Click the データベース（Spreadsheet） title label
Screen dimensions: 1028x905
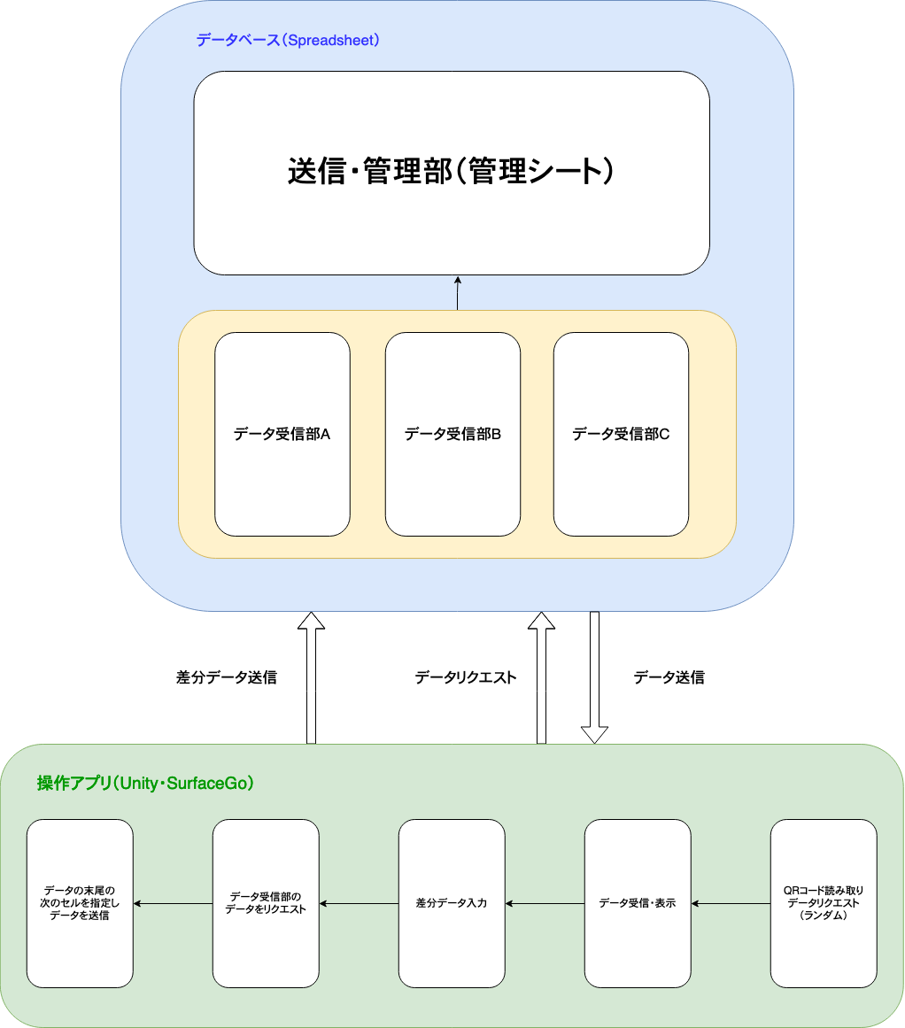coord(288,40)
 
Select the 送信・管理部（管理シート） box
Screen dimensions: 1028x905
coord(452,173)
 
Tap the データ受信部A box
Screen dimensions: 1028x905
coord(282,434)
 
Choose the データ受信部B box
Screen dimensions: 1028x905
coord(452,434)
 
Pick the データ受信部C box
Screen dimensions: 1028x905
coord(621,434)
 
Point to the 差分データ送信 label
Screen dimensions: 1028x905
coord(227,677)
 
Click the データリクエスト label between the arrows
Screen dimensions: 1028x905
coord(465,677)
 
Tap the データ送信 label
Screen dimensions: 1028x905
coord(669,677)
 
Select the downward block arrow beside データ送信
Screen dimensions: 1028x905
coord(594,677)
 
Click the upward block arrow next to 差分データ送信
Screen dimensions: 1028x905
coord(311,677)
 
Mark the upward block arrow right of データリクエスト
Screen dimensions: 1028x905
coord(541,677)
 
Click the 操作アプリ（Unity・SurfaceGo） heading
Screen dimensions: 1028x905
coord(145,783)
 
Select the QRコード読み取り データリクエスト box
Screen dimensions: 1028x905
coord(824,903)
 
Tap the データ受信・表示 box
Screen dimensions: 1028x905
coord(638,903)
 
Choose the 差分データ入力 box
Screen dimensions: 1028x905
coord(452,903)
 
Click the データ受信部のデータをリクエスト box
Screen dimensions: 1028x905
coord(266,903)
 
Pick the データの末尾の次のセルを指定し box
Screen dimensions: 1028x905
coord(80,903)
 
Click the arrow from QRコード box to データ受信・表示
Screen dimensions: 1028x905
coord(731,904)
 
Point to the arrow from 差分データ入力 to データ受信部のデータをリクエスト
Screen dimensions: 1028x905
coord(359,904)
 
